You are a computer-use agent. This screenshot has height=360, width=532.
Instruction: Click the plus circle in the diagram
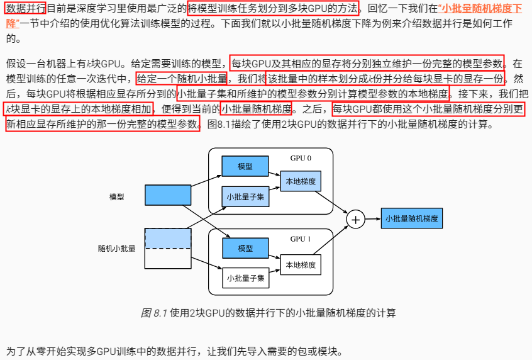(356, 219)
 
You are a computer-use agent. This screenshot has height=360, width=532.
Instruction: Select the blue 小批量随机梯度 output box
(411, 219)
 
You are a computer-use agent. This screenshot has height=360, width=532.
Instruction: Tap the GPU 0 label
(301, 158)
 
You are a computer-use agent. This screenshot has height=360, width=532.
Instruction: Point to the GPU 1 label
(301, 239)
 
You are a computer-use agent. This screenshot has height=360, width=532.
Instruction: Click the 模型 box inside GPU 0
(245, 166)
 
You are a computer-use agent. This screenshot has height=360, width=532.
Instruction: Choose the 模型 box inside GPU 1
(245, 249)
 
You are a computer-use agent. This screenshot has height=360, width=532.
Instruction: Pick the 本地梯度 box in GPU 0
(301, 181)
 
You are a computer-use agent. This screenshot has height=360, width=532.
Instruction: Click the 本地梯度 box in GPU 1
(301, 264)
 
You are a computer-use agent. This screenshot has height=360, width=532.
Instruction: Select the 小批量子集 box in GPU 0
(245, 196)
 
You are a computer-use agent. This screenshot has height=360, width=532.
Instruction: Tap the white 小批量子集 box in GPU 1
(245, 278)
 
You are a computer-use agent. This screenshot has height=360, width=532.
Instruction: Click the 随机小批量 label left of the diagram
(116, 248)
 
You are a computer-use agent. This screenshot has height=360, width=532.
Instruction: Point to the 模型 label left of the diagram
(116, 196)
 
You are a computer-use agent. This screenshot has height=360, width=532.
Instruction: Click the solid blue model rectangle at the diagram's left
(167, 196)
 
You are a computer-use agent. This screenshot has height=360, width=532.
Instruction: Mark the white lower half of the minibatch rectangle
(167, 258)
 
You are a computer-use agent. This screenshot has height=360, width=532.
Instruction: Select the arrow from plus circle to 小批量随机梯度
(373, 219)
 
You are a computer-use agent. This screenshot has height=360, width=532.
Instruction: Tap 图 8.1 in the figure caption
(154, 313)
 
